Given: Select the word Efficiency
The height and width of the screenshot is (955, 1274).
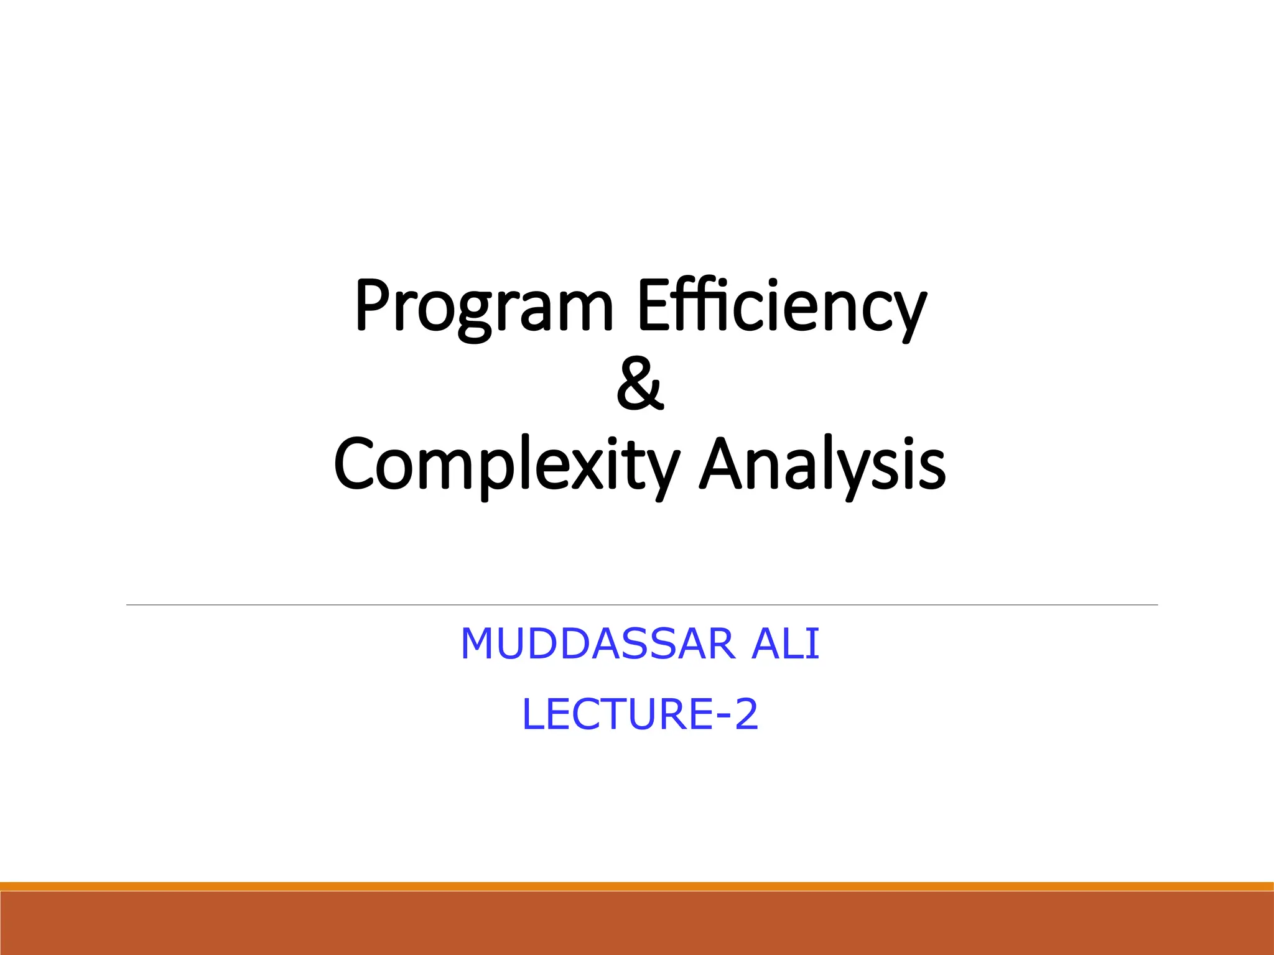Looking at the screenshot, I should (x=781, y=307).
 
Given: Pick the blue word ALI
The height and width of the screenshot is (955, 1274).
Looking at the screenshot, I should (x=785, y=644).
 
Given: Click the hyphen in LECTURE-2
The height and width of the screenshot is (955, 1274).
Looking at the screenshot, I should (x=723, y=716).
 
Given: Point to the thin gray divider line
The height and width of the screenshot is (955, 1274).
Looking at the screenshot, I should (x=641, y=604).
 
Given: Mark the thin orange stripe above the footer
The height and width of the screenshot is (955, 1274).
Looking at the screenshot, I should (x=637, y=886).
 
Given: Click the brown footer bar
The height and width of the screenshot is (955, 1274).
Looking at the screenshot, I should (x=637, y=923).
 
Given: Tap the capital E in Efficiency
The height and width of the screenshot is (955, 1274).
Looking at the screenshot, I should (x=651, y=305).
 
